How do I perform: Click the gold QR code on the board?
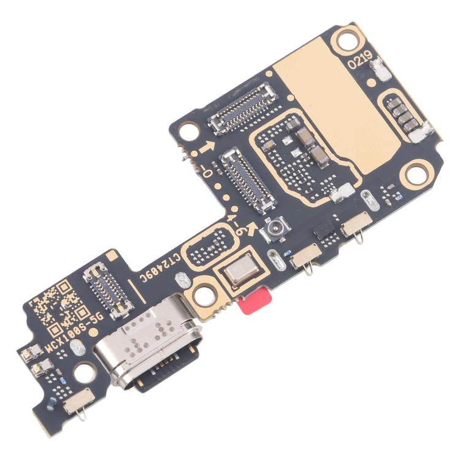point(56,305)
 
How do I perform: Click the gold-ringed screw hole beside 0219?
point(345,42)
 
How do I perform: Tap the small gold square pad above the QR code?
point(111,254)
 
